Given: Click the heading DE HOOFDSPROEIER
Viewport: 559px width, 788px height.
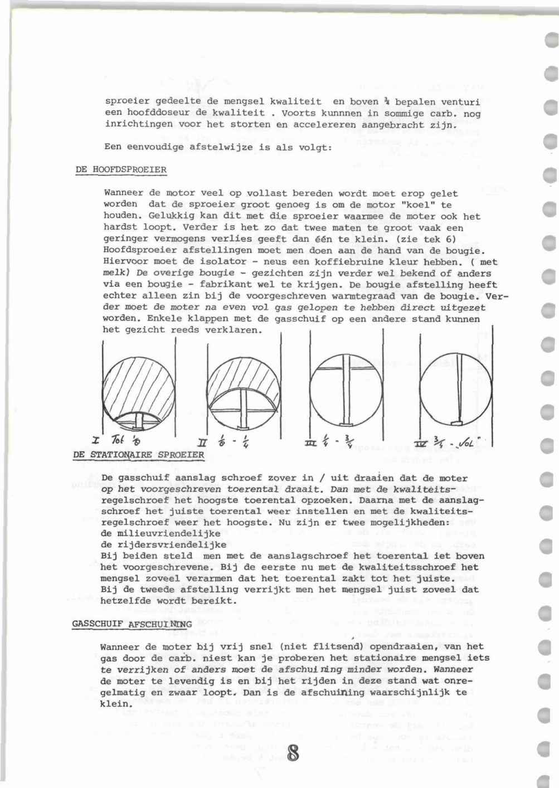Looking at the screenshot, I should pos(121,169).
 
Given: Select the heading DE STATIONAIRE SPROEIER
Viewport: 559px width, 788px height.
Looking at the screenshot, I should pos(139,455).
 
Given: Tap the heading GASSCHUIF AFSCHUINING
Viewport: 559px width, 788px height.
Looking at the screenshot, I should pos(132,624).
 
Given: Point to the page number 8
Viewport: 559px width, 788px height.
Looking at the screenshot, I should pos(294,753).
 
